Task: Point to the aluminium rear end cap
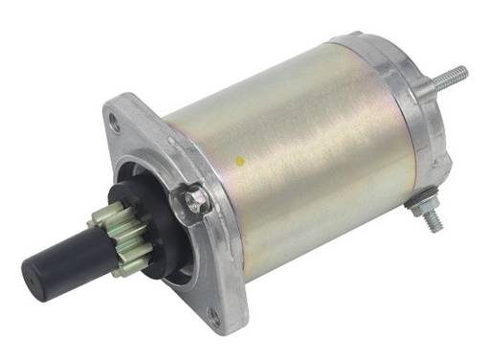pyautogui.click(x=402, y=105)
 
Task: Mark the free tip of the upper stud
pyautogui.click(x=463, y=70)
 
